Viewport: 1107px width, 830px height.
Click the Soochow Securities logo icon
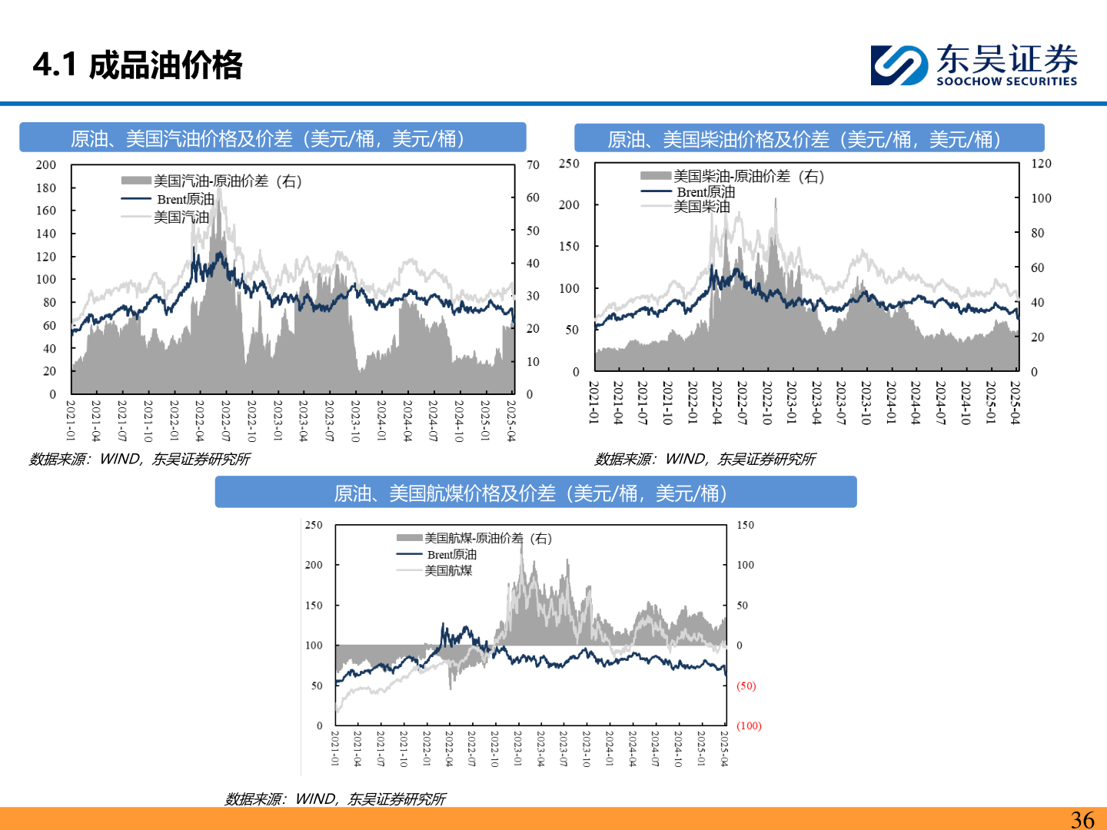[x=899, y=65]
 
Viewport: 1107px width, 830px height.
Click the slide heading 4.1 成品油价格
[x=138, y=65]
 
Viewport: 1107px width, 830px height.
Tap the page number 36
[x=1082, y=819]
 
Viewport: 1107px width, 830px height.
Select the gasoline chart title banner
[x=272, y=138]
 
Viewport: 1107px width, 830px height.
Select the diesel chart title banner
[x=809, y=139]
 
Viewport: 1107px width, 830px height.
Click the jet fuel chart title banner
[x=535, y=493]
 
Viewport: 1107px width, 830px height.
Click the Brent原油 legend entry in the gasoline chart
[x=185, y=199]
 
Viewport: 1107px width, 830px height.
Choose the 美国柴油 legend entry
[x=702, y=206]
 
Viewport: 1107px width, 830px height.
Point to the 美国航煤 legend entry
[x=448, y=570]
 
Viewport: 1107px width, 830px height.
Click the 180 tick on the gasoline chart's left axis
[x=46, y=188]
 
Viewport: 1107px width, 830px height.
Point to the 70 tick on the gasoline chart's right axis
[x=533, y=164]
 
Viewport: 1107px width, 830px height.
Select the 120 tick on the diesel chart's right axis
[x=1041, y=164]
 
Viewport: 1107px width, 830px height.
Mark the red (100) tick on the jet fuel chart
[x=749, y=725]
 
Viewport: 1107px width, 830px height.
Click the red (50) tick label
[x=746, y=686]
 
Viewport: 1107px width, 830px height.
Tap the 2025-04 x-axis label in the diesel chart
[x=1015, y=402]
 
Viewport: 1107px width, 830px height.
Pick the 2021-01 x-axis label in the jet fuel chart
[x=335, y=748]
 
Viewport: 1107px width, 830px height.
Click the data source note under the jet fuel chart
[x=335, y=799]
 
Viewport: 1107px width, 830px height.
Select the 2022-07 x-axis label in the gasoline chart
[x=225, y=420]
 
